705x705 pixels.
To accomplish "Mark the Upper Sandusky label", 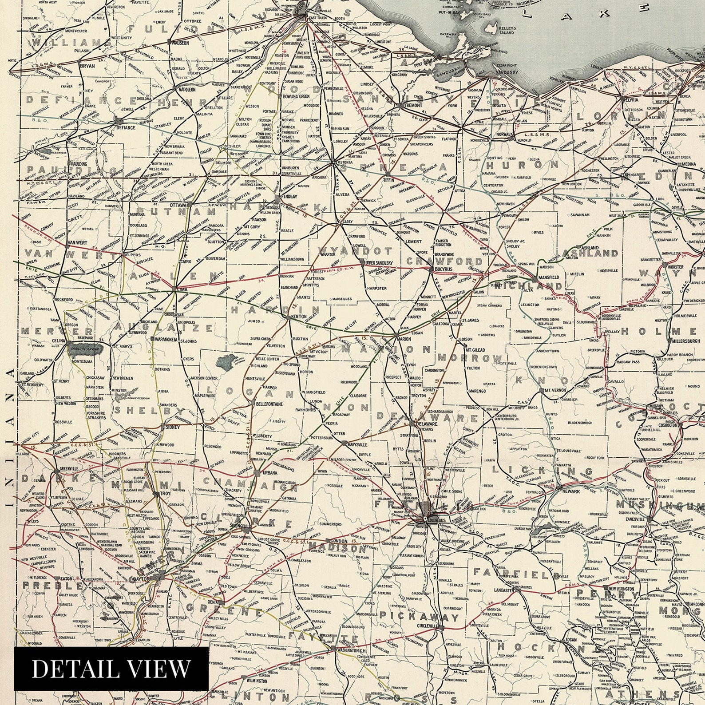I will click(379, 263).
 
